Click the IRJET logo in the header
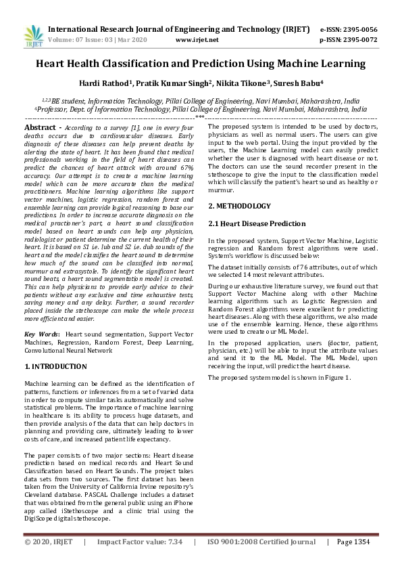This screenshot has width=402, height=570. pyautogui.click(x=32, y=34)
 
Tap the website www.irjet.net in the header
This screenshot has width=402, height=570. pyautogui.click(x=197, y=40)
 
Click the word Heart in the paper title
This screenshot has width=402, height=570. pyautogui.click(x=54, y=64)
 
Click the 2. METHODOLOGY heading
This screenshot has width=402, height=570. pyautogui.click(x=239, y=206)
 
